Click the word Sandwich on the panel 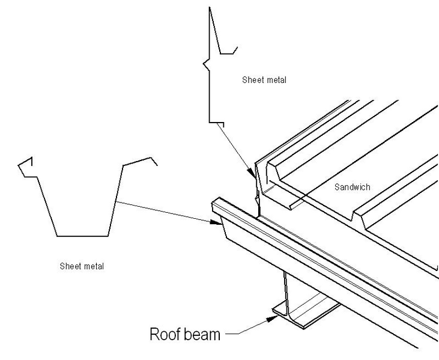[x=352, y=187]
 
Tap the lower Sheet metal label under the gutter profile [x=82, y=265]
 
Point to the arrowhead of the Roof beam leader [x=271, y=313]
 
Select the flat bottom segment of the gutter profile [x=82, y=235]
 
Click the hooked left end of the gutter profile [x=25, y=166]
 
